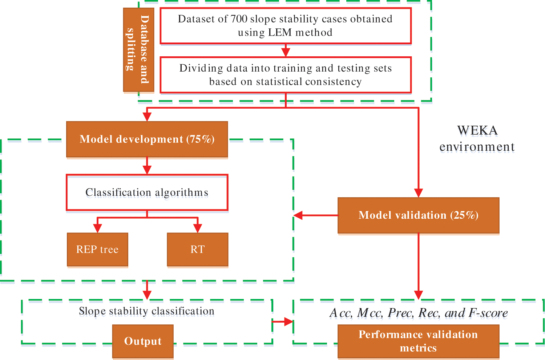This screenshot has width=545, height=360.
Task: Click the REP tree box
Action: [98, 250]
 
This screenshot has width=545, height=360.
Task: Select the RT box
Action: [198, 250]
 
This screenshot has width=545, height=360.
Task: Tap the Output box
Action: [143, 341]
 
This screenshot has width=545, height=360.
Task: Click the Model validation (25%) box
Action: [419, 215]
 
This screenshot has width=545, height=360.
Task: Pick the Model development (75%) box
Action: [147, 139]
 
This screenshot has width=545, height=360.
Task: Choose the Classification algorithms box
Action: [147, 192]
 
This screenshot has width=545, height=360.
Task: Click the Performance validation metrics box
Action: [419, 341]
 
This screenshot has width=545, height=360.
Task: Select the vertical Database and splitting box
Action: [139, 50]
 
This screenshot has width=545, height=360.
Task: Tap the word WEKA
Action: [477, 130]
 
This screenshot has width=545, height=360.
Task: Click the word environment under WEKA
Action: [477, 147]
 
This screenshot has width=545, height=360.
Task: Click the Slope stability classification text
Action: [146, 311]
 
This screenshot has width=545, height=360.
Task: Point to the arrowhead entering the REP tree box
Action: [98, 228]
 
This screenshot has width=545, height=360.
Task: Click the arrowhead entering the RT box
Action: [198, 228]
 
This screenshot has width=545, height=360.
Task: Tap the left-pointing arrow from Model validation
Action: [316, 215]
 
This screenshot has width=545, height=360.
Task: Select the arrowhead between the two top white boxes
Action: [286, 52]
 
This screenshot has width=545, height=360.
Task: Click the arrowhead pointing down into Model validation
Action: [419, 193]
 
